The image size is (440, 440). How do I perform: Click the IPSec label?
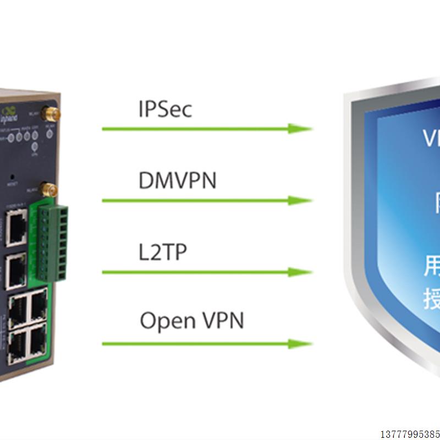(165, 109)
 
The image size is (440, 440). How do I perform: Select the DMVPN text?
(177, 180)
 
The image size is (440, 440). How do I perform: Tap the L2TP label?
(163, 252)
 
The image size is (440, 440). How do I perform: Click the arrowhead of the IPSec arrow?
(301, 129)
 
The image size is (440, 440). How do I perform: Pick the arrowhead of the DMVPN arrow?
(301, 200)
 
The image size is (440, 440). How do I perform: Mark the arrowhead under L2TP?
(301, 272)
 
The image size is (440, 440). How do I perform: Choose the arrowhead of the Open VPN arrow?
(301, 344)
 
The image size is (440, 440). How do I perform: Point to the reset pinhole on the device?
(12, 178)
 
